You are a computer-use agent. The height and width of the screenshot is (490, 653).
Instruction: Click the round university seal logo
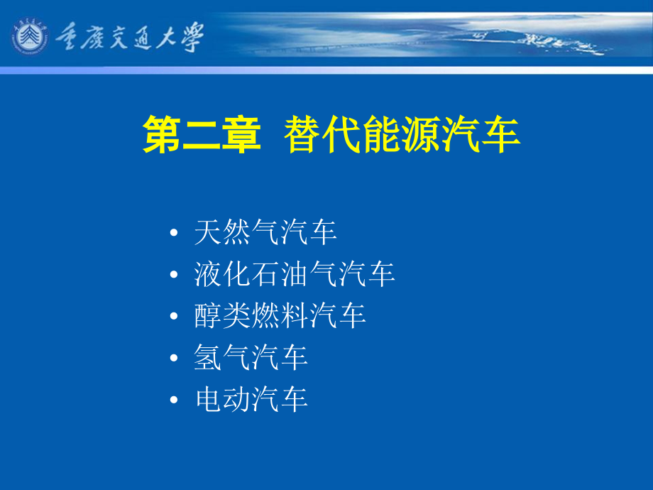29,36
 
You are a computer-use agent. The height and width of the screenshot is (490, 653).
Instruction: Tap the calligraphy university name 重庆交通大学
129,37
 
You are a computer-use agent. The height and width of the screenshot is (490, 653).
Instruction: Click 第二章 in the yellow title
202,135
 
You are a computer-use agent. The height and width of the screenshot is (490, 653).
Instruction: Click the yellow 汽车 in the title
481,135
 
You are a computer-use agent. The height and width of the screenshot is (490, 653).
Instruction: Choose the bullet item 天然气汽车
265,232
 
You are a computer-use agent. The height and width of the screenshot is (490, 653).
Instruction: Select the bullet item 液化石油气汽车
295,273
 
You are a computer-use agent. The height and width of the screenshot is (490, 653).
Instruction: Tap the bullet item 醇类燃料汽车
280,315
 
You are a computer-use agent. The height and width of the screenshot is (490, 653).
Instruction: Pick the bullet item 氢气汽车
251,357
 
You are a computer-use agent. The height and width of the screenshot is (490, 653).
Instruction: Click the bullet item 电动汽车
251,399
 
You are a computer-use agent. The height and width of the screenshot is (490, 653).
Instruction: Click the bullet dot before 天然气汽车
174,232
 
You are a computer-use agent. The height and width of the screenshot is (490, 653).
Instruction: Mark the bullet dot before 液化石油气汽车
174,274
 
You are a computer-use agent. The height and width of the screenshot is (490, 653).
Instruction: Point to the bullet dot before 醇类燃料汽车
174,316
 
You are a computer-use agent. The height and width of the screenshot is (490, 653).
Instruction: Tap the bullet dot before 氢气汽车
174,357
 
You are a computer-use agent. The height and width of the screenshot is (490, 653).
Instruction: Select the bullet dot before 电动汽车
174,400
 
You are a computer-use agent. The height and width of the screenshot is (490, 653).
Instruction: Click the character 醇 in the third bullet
208,315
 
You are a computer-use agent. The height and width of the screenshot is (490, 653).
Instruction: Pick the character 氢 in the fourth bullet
208,357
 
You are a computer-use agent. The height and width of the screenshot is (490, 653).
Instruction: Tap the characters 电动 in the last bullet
222,399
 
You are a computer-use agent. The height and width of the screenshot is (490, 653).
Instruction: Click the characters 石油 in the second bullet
280,273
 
